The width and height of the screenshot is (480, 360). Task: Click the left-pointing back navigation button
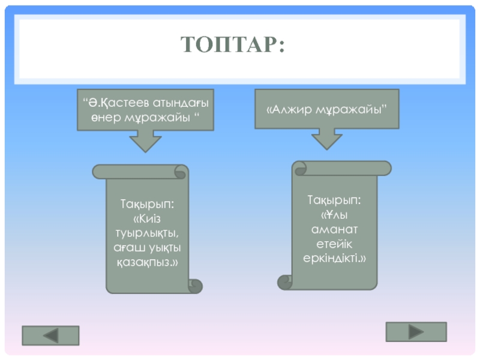click(x=50, y=335)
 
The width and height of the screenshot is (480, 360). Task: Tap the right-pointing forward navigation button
click(x=416, y=332)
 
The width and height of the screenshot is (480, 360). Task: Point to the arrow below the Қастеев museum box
click(x=145, y=141)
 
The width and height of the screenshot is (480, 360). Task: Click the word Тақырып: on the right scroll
click(x=334, y=200)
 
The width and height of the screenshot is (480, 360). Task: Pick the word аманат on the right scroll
click(x=334, y=229)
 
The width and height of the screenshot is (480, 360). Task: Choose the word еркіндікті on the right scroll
click(x=334, y=258)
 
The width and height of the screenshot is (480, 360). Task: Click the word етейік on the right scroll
click(x=334, y=244)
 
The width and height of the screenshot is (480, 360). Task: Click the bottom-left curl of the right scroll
click(x=285, y=281)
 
